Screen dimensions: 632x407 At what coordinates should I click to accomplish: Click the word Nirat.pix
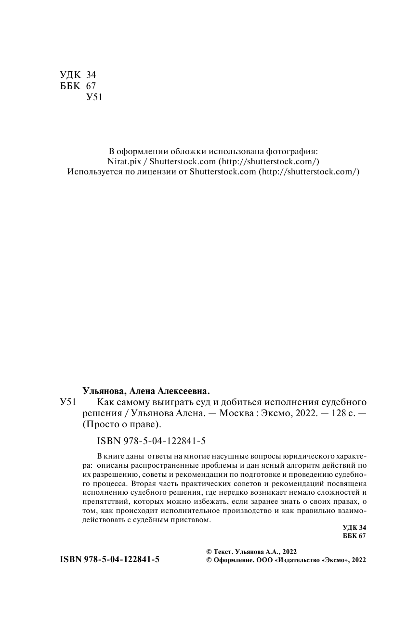pyautogui.click(x=121, y=161)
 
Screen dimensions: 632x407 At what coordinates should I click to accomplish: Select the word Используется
pyautogui.click(x=94, y=172)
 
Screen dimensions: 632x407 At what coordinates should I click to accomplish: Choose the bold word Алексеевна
pyautogui.click(x=185, y=391)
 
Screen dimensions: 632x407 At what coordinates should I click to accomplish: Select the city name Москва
pyautogui.click(x=235, y=413)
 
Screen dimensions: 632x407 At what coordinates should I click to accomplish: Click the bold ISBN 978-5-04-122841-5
pyautogui.click(x=109, y=560)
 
